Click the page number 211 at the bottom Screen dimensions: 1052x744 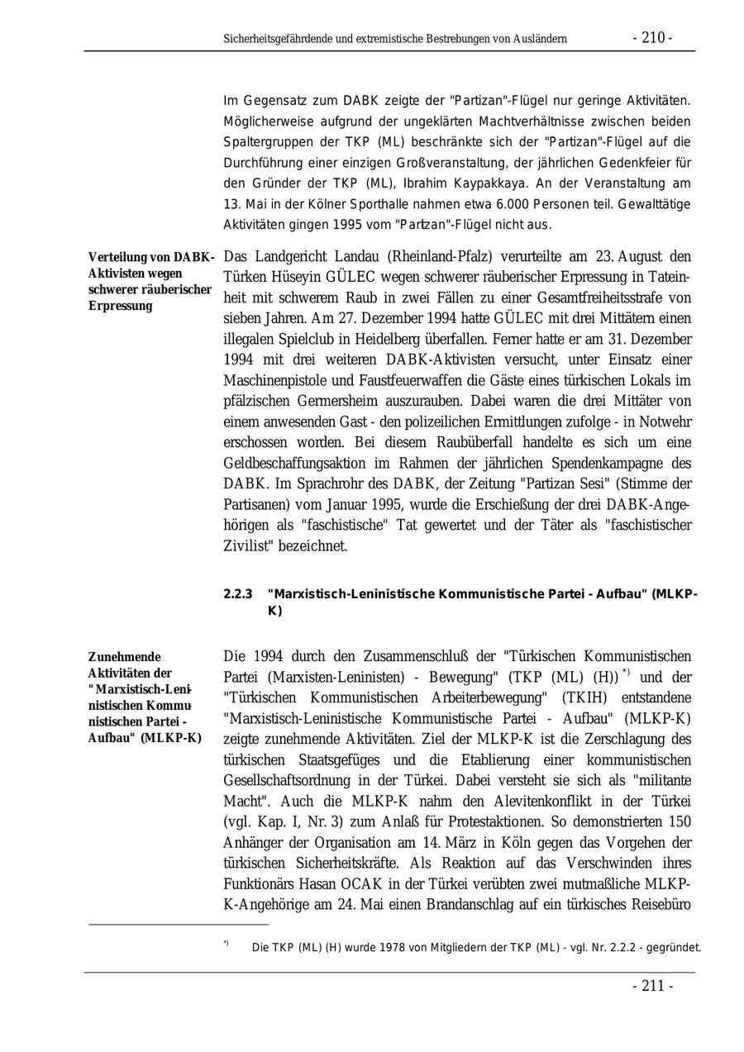pos(653,986)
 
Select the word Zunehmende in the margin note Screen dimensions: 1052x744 pos(125,658)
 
